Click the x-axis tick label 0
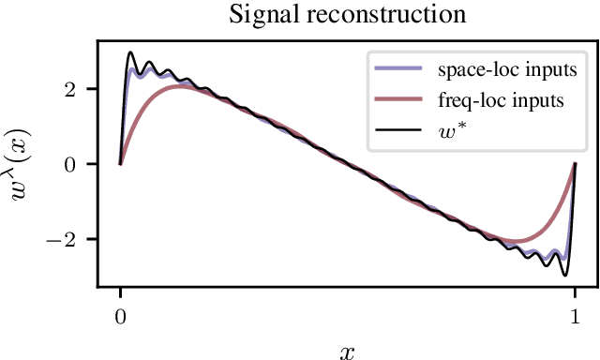120,315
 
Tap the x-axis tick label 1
575,315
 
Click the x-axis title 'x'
347,351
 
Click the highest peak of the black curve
130,52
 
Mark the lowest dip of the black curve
564,276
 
